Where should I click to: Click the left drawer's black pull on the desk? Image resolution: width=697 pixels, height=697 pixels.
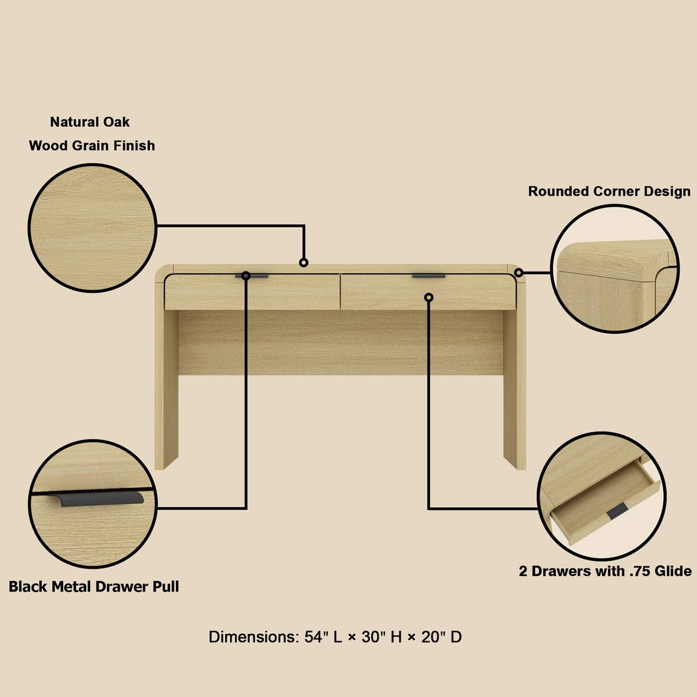point(253,275)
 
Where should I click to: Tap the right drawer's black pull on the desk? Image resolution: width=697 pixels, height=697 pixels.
point(429,275)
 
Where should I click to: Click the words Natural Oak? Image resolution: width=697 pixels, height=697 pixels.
point(90,122)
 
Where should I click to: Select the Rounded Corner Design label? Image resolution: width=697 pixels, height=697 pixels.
point(609,192)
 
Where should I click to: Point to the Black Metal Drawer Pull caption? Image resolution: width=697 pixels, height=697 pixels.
point(94,587)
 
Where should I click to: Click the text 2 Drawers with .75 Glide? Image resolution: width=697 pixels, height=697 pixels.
point(605,572)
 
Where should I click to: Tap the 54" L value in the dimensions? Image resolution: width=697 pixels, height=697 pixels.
point(323,637)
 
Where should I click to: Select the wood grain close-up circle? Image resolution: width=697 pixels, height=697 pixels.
point(92,228)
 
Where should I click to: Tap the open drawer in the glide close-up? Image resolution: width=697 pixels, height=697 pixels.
point(601,504)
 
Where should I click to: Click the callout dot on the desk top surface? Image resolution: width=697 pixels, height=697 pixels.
point(304,263)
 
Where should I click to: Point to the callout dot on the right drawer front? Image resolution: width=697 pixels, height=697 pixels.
point(429,297)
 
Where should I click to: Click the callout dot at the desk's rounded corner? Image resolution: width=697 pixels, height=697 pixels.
point(518,272)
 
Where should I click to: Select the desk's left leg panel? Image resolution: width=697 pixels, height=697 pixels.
point(166,385)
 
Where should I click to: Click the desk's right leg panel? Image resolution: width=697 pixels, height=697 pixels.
point(514,385)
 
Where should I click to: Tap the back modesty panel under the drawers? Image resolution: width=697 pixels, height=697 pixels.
point(341,343)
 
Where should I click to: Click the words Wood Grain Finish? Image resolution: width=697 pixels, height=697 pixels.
point(92,145)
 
